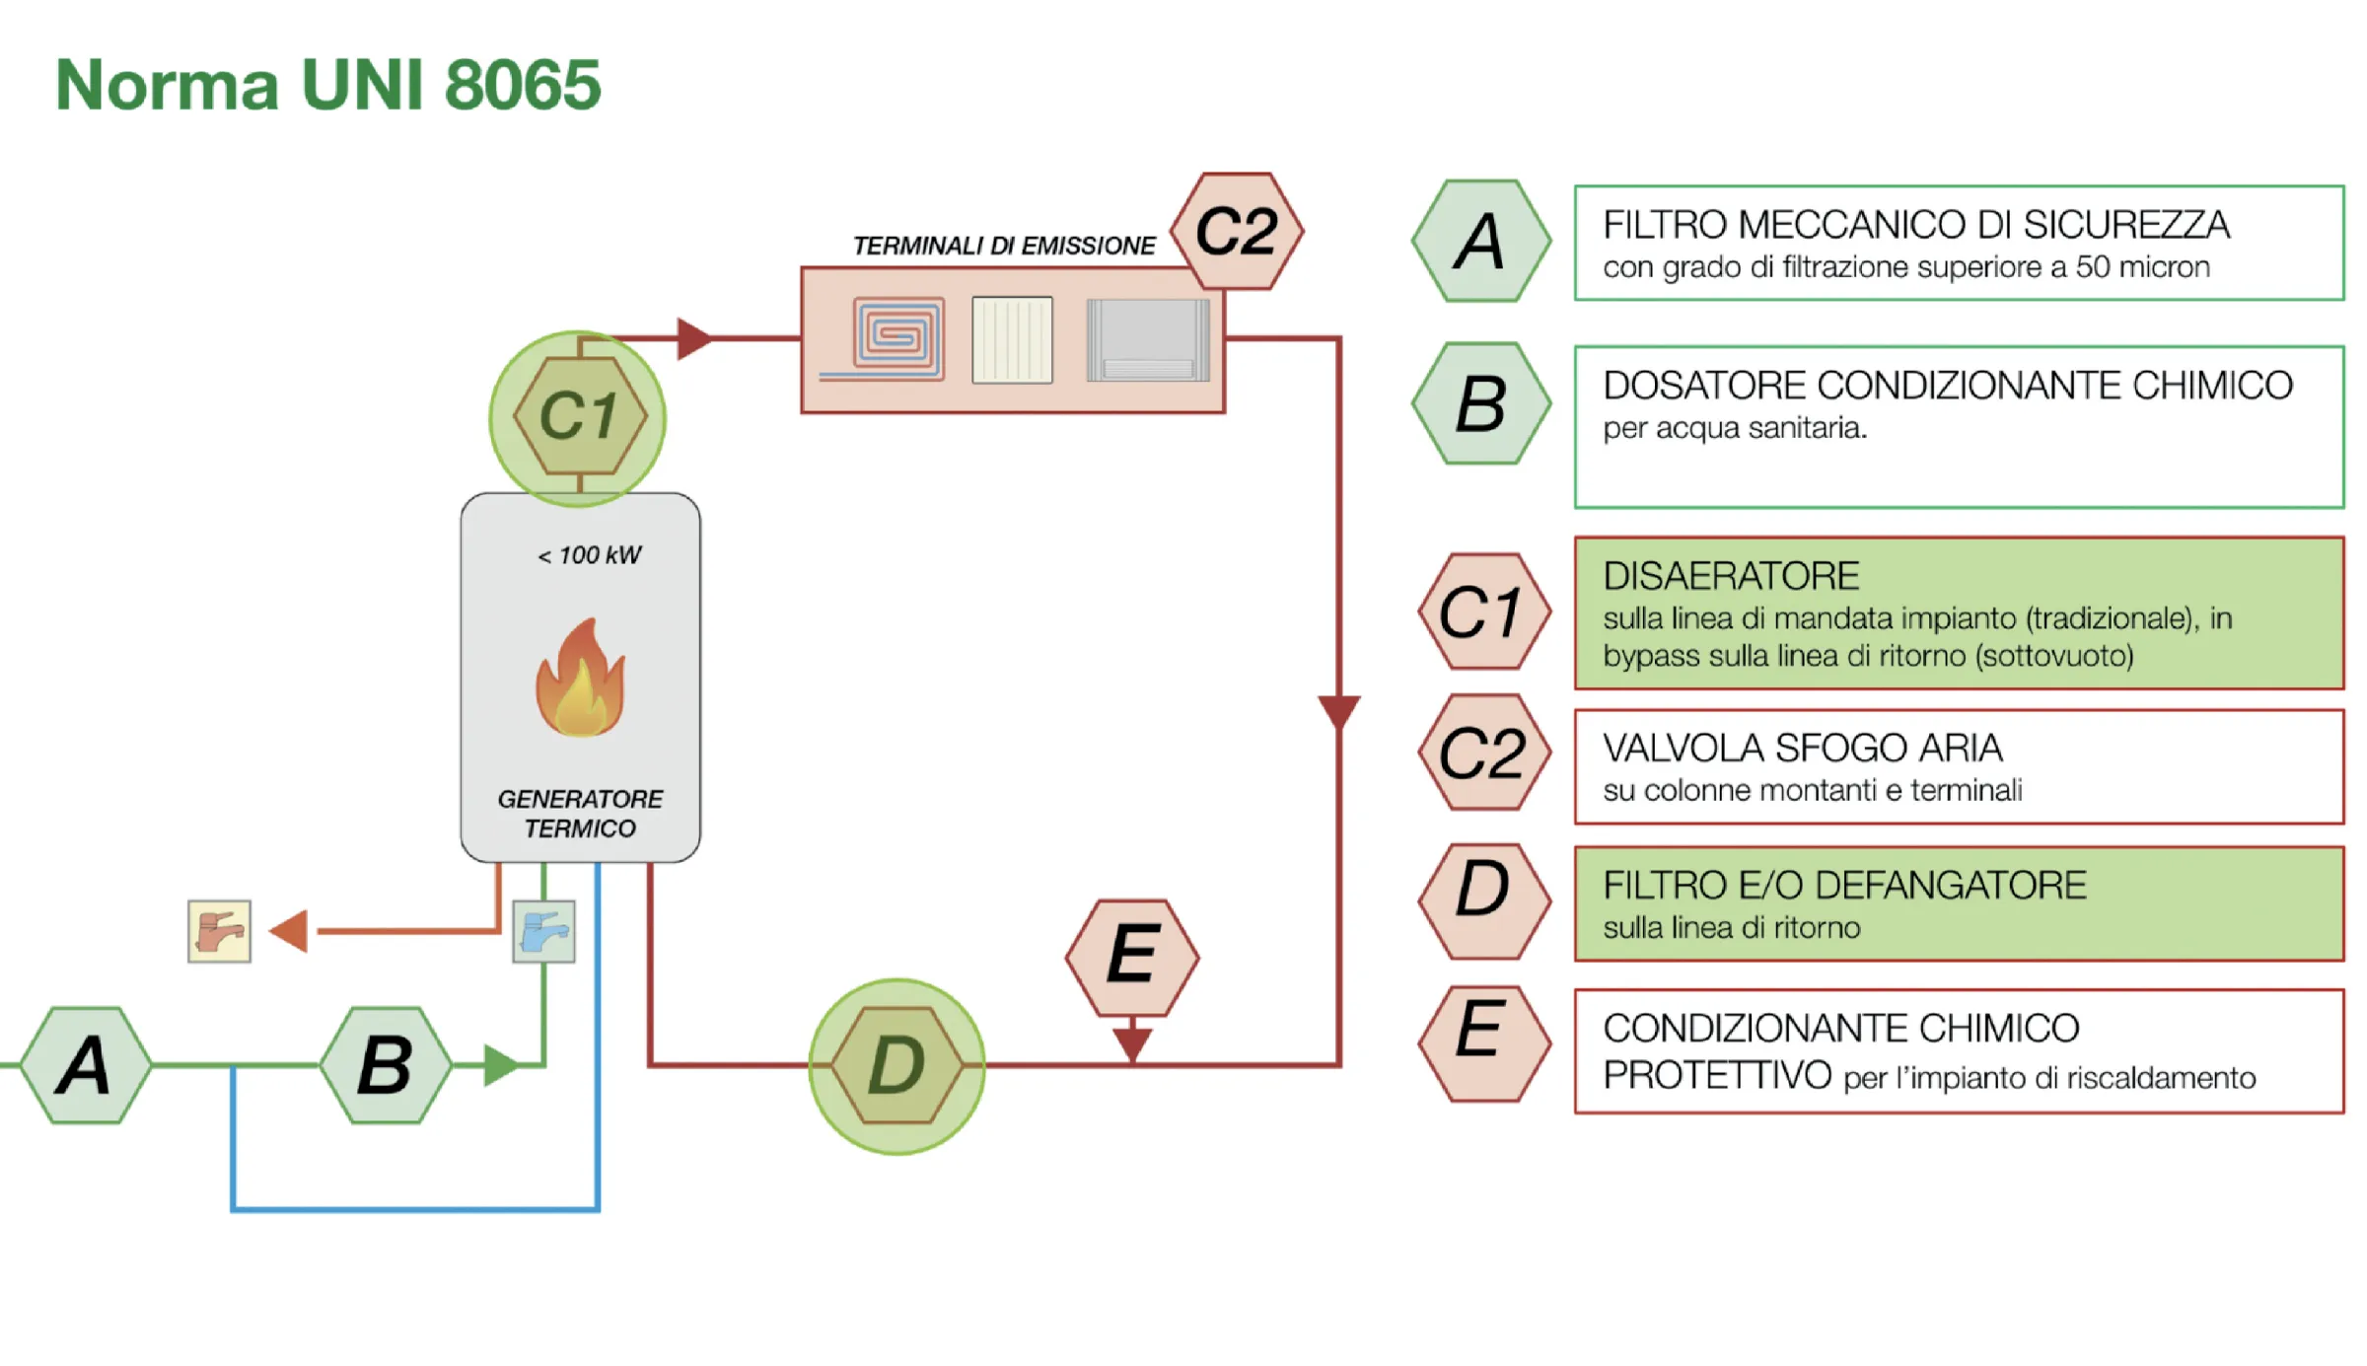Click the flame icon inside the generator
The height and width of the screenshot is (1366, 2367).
[580, 678]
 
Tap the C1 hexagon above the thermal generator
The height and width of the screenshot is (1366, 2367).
[580, 416]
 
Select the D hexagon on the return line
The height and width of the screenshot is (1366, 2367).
[897, 1065]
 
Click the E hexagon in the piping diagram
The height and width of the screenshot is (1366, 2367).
[1132, 958]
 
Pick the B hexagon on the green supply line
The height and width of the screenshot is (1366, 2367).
[387, 1065]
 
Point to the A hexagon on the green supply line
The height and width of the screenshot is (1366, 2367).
[86, 1065]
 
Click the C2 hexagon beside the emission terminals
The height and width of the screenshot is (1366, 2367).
[1237, 232]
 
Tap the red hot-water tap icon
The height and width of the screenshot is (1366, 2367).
[219, 931]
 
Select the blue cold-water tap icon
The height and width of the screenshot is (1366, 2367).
[543, 931]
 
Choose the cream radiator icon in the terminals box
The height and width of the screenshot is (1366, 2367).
[1012, 339]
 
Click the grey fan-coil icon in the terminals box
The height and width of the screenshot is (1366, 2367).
[1147, 339]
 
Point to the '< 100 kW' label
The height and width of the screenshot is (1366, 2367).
[590, 555]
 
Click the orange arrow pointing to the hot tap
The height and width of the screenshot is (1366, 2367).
[288, 931]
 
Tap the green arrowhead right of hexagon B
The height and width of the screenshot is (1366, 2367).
[501, 1065]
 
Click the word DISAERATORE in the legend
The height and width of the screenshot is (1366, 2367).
[1731, 576]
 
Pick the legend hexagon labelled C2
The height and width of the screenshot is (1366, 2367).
[1484, 753]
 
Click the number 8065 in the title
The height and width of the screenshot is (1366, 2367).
[523, 85]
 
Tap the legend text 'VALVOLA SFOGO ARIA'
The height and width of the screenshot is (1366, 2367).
[1803, 749]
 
